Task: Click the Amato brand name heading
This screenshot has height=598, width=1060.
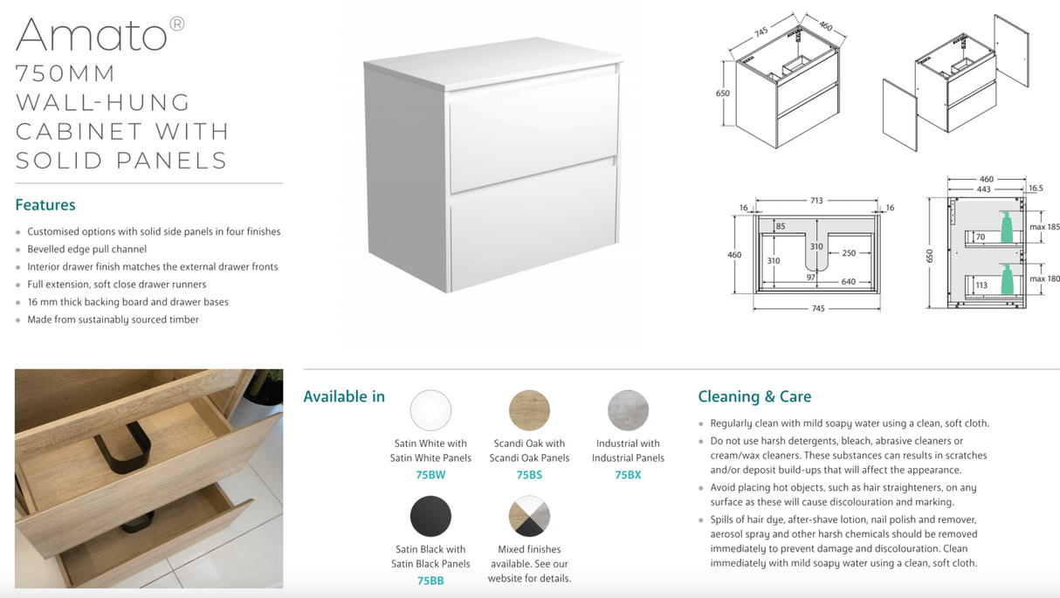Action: coord(92,35)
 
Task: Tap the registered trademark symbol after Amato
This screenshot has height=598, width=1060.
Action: coord(177,24)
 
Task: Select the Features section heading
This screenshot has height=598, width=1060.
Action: coord(45,205)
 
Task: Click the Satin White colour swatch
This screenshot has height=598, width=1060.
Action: coord(430,410)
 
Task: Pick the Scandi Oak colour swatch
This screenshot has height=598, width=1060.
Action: coord(529,410)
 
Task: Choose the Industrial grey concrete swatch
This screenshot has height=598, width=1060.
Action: coord(628,410)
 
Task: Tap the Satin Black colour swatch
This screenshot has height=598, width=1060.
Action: coord(430,516)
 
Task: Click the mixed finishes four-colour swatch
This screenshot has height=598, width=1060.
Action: coord(529,516)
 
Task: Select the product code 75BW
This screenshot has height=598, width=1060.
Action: coord(430,475)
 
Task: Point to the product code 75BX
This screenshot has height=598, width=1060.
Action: coord(628,475)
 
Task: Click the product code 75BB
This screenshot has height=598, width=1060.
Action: coord(430,581)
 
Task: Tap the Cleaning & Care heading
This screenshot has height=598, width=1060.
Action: coord(754,396)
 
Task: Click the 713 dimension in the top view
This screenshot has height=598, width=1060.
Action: coord(816,201)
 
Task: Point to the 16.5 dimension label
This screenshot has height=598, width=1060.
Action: coord(1036,189)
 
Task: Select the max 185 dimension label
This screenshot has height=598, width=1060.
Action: coord(1044,227)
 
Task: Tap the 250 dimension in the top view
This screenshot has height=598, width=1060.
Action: coord(849,253)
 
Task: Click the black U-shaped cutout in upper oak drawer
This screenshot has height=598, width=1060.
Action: coord(123,448)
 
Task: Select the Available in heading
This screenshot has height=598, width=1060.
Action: coord(344,396)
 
